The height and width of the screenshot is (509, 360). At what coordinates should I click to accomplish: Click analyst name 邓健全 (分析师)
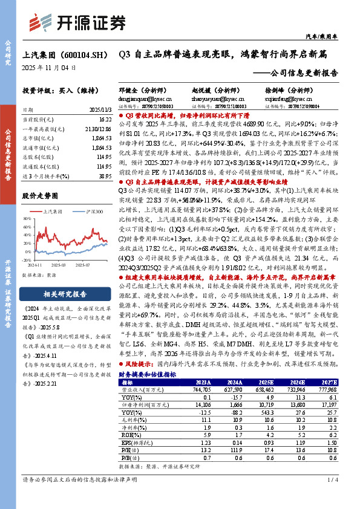point(140,89)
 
